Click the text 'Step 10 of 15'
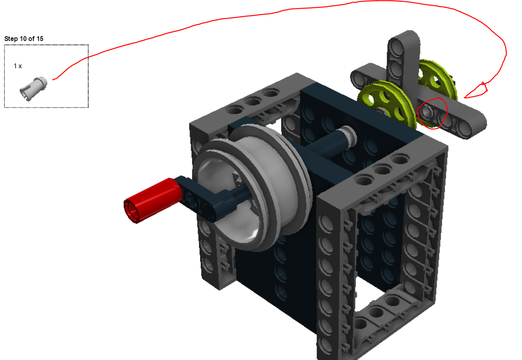24,39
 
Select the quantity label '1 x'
18,66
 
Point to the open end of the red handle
134,211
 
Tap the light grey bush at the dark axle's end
348,134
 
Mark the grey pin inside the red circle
427,112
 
